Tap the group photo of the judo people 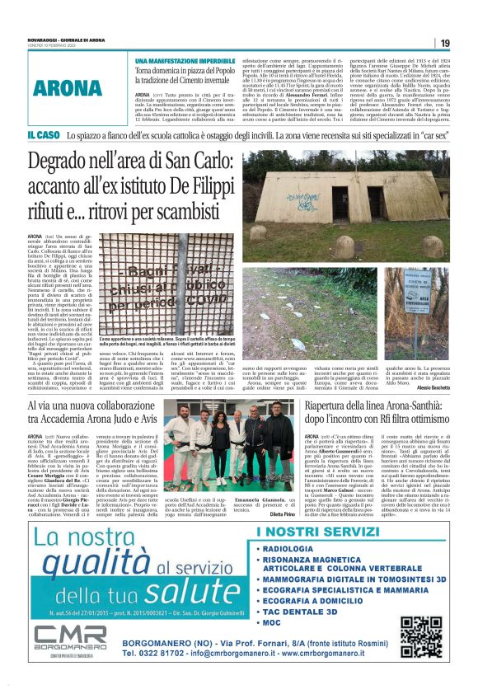point(218,434)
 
